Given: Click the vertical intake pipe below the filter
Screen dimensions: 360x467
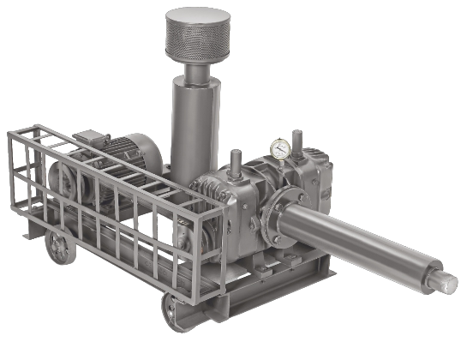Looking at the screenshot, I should point(189,129).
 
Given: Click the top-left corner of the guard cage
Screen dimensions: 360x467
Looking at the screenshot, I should point(11,135).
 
